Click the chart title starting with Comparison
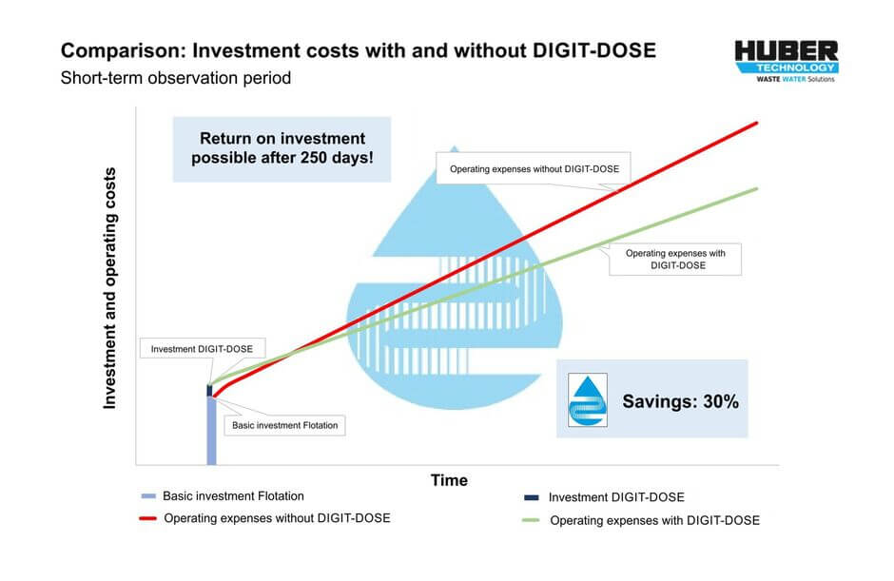click(359, 50)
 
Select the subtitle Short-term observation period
click(176, 78)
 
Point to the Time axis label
click(449, 480)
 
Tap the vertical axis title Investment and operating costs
click(110, 288)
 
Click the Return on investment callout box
click(282, 148)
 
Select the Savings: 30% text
click(680, 400)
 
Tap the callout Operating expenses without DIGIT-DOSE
click(534, 170)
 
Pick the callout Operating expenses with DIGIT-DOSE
click(675, 260)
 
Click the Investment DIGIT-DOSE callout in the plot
click(201, 349)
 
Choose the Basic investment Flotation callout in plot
click(284, 425)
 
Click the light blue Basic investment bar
click(211, 433)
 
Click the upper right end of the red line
click(756, 123)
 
